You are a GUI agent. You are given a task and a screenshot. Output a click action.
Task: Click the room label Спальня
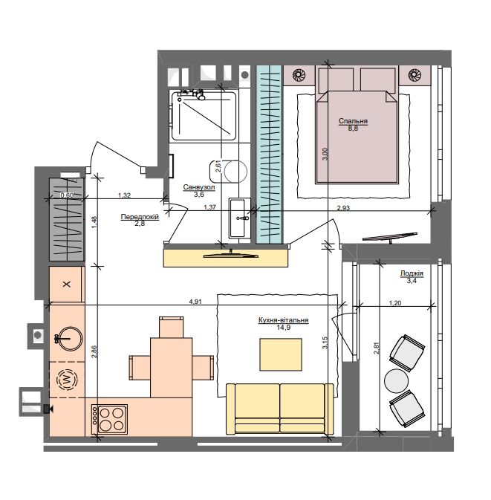353,120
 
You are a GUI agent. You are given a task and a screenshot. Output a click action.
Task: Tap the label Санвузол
199,187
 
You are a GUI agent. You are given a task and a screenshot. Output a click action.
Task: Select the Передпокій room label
140,217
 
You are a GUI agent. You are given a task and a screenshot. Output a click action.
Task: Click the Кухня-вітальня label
283,320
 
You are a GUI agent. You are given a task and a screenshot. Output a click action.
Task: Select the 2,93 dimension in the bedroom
344,208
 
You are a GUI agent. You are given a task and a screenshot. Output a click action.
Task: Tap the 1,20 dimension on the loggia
396,302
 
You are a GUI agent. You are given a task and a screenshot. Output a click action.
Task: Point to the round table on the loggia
397,380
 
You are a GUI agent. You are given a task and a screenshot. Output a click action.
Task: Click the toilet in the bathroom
234,171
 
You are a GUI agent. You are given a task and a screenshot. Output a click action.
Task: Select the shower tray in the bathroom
204,116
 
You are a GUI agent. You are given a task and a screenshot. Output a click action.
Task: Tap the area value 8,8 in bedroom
353,129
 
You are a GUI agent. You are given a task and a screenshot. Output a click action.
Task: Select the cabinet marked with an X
68,285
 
